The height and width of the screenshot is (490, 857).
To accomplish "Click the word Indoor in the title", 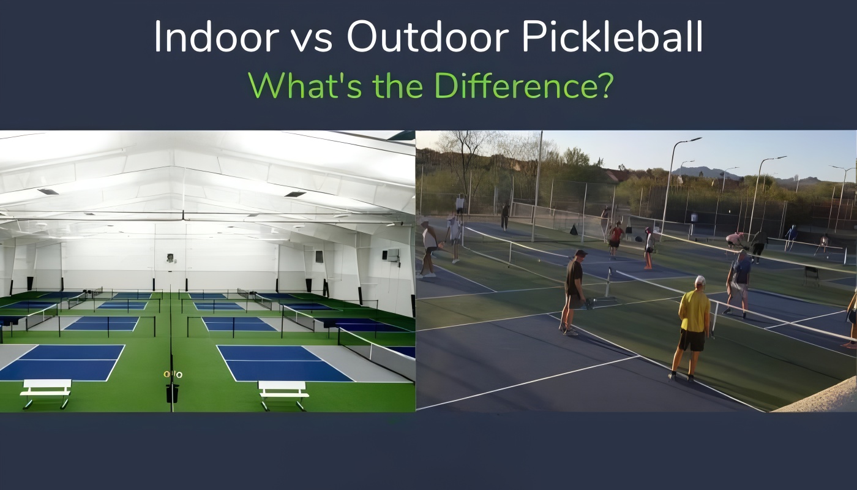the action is (x=216, y=37).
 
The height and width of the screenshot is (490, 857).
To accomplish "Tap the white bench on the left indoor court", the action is (x=47, y=393).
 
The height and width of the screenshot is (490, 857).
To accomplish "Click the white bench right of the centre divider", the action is (x=283, y=395).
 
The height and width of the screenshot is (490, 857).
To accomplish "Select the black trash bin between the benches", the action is (x=172, y=393).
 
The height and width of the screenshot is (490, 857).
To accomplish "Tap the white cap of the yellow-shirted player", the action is (x=700, y=281).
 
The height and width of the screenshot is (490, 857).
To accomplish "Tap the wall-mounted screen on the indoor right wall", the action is (x=392, y=255).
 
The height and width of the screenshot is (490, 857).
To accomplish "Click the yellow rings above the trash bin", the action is (x=173, y=374).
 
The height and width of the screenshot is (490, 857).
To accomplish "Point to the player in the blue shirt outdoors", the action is (x=739, y=284).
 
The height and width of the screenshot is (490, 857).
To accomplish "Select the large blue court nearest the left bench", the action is (x=62, y=363).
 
